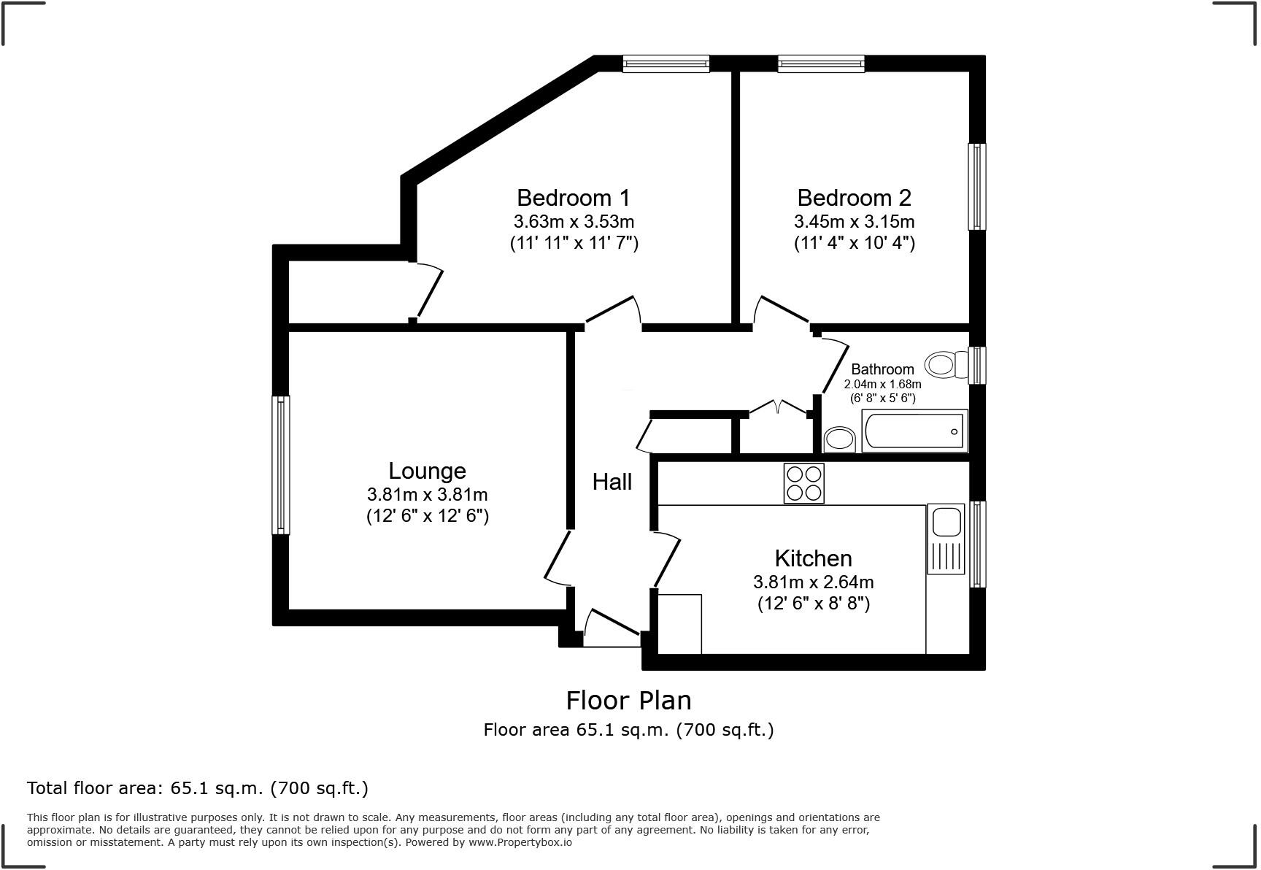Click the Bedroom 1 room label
tap(573, 198)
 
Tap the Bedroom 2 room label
tap(854, 198)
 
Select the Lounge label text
tap(427, 471)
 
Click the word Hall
tap(612, 482)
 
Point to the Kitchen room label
tap(813, 558)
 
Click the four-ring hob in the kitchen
tap(803, 483)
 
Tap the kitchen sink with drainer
tap(946, 539)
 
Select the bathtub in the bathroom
tap(914, 431)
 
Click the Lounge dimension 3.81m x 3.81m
tap(427, 494)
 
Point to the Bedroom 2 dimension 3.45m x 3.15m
tap(854, 221)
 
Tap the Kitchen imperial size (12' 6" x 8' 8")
tap(813, 604)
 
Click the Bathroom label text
tap(882, 369)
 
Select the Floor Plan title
tap(628, 701)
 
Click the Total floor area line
tap(197, 788)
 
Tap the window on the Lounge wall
tap(280, 465)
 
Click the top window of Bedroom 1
tap(666, 64)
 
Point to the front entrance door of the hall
tap(612, 629)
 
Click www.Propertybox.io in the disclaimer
tap(520, 842)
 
